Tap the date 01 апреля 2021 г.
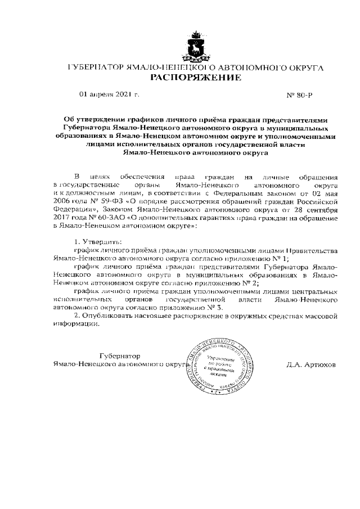109,95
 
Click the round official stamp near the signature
217,365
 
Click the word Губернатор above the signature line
119,356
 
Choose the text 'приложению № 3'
196,308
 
